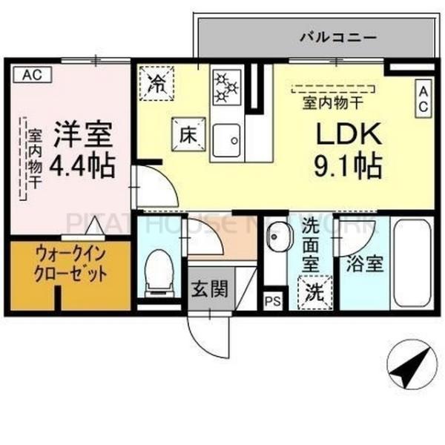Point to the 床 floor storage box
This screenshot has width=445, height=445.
185,134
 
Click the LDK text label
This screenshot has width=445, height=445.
348,134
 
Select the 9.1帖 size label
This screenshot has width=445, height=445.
348,165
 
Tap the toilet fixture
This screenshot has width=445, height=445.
156,270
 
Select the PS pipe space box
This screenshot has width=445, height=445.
273,300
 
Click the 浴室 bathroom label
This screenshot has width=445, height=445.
362,264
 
